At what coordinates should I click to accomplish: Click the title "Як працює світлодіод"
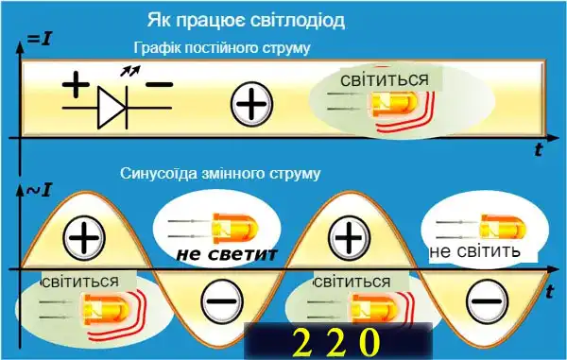246,19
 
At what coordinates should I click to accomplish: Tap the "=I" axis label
39,40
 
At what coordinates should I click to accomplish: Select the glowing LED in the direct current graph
387,104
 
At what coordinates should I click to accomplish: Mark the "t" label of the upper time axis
538,148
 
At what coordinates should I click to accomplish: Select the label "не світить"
475,252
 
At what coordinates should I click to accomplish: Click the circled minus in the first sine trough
221,303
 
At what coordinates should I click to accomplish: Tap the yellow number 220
336,340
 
